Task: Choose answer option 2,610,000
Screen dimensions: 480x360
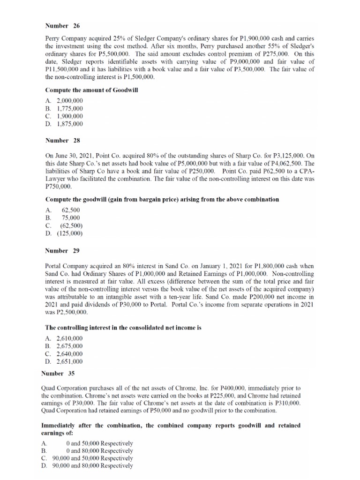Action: point(69,338)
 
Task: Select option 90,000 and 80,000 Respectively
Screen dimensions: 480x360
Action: point(93,466)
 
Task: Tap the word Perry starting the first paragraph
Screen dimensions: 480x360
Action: point(53,38)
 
